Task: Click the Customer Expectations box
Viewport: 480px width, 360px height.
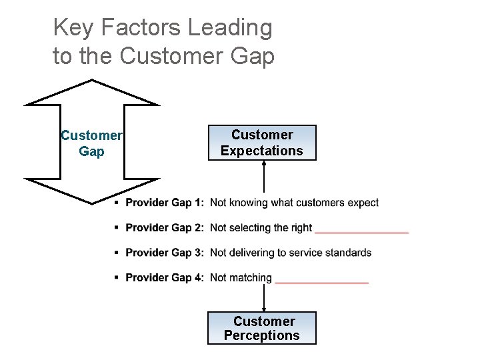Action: pos(262,143)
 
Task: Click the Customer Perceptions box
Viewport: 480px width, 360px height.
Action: pos(262,328)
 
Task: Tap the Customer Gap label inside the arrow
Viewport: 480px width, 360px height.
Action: pos(91,143)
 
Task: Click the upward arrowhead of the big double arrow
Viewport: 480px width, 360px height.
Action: pos(91,92)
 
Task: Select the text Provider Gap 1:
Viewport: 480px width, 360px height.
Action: pos(165,203)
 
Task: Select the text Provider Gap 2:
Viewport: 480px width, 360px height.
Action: pos(165,228)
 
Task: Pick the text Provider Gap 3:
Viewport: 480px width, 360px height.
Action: pos(165,253)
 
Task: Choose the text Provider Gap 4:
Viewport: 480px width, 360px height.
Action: pos(165,278)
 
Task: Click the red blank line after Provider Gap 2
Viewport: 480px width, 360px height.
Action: pos(361,232)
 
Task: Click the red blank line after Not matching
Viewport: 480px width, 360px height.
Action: pos(321,283)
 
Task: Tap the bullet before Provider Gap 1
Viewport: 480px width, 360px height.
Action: pos(117,202)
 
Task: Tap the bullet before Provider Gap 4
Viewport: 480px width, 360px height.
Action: pos(117,277)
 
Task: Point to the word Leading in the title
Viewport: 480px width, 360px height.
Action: pos(230,28)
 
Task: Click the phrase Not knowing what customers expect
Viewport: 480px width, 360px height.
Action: pos(294,203)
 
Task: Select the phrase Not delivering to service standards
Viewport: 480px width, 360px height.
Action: pos(291,253)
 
